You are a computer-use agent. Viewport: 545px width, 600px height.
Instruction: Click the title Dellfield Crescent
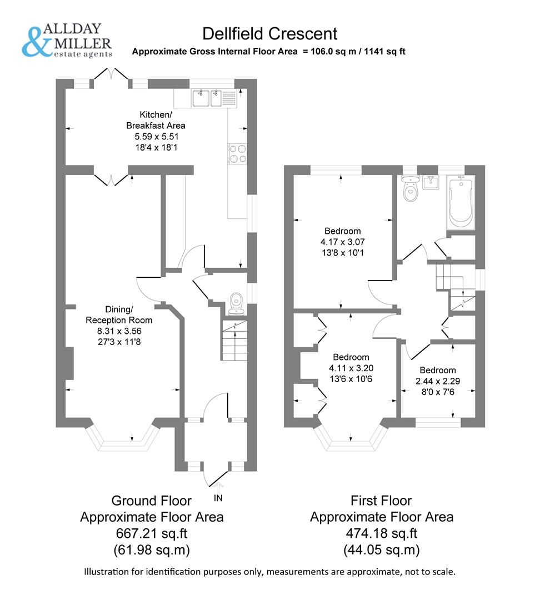coord(269,33)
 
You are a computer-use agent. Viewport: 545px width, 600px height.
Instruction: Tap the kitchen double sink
coord(207,98)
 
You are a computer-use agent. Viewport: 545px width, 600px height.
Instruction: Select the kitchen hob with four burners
coord(238,153)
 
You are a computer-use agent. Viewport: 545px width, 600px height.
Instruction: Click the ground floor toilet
coord(236,301)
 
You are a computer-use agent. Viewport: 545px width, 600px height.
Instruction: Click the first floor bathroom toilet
coord(411,191)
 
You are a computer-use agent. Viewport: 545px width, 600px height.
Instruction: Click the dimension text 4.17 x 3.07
coord(342,242)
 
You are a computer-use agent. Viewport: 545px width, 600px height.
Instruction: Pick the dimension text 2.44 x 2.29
coord(438,382)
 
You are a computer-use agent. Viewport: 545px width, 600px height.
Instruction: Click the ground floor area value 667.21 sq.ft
coord(152,534)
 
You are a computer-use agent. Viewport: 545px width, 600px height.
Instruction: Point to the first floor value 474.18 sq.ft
coord(381,534)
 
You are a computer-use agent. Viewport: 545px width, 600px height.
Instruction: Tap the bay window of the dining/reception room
coord(123,438)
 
